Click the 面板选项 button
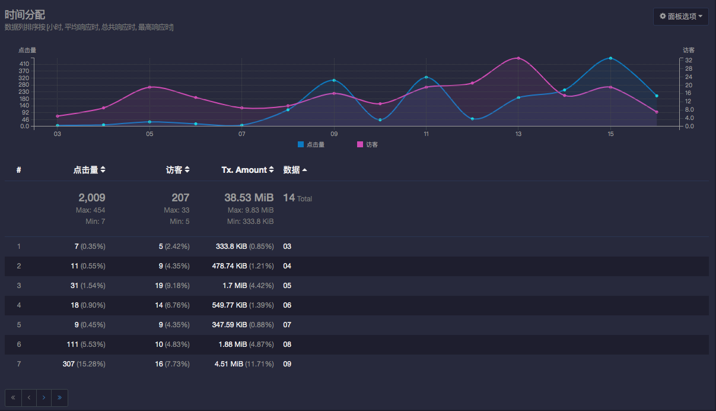coord(680,17)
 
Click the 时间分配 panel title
coord(25,15)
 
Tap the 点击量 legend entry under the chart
coord(311,144)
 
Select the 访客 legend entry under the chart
coord(367,144)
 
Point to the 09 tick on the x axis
coord(334,134)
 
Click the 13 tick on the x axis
coord(518,134)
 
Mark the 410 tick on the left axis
coord(24,64)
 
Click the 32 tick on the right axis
coord(689,60)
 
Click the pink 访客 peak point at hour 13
coord(518,58)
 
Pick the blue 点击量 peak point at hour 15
coord(610,58)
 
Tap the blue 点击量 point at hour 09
coord(334,80)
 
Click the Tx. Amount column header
coord(244,170)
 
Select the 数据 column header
coord(292,170)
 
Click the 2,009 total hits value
coord(92,197)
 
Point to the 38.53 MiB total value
coord(249,197)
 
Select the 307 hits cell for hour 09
coord(68,364)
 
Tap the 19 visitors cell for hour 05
coord(159,286)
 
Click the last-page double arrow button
coord(59,397)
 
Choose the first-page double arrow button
coord(13,397)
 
